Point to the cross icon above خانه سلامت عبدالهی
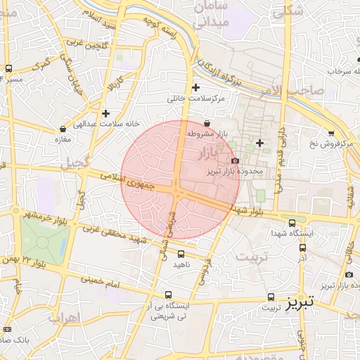[x=105, y=113]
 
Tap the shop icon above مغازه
[x=63, y=129]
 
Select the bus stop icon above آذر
[x=302, y=247]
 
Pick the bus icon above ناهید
[x=181, y=254]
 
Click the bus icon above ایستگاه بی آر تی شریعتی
[x=167, y=295]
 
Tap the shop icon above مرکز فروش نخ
[x=331, y=133]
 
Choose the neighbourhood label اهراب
[x=63, y=317]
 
